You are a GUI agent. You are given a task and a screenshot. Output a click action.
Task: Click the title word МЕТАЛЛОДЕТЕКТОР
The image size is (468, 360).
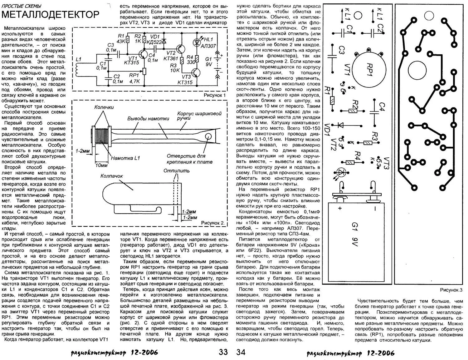[x=51, y=15]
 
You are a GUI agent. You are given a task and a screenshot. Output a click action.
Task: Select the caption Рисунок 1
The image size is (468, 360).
[x=215, y=95]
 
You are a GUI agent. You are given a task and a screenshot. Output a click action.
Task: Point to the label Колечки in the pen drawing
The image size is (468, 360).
[x=104, y=107]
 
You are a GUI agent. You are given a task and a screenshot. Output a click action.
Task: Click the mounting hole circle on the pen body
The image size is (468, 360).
[x=208, y=136]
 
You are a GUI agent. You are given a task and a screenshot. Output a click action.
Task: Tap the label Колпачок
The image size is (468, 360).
[x=111, y=176]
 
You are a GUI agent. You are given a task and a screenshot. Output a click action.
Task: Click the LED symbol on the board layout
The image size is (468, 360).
[x=341, y=172]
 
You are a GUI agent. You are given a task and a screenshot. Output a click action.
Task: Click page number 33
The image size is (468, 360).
[x=223, y=353]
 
